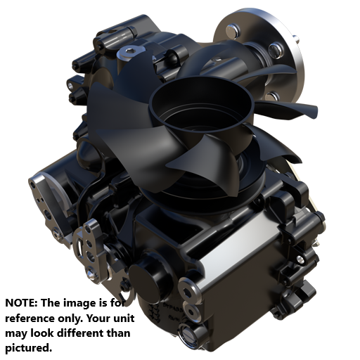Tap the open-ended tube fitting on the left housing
click(x=72, y=84)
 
